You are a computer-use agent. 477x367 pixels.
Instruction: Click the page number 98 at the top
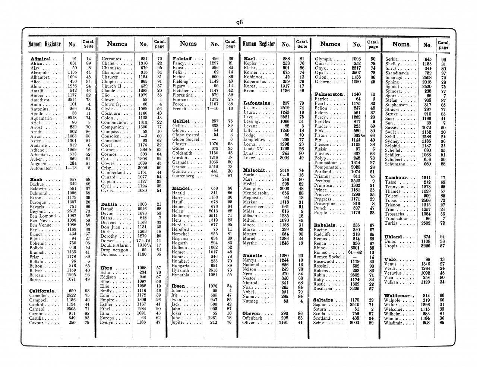coord(239,22)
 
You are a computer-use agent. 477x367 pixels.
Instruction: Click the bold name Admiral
coord(41,59)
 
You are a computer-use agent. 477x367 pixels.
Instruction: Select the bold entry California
coord(42,291)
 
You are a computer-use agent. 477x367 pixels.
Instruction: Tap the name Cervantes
coord(111,59)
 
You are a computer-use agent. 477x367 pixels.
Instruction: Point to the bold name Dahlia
coord(109,204)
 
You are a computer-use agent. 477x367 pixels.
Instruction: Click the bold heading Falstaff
coord(182,58)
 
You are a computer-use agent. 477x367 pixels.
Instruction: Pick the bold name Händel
coord(181,188)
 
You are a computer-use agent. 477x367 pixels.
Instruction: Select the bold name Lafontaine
coord(256,103)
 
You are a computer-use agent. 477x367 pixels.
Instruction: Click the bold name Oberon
coord(251,313)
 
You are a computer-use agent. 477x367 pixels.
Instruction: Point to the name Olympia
coord(323,59)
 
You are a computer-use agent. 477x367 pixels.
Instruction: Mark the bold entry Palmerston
coord(329,94)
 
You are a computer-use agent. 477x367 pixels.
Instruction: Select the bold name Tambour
coord(396,177)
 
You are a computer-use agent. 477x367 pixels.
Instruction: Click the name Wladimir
coord(396,323)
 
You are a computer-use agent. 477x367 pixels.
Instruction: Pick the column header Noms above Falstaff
coord(188,44)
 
